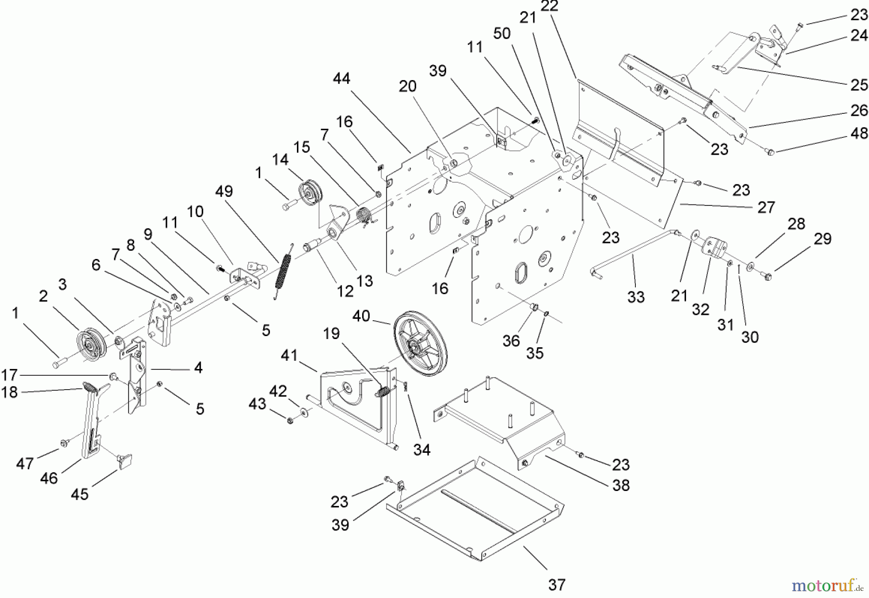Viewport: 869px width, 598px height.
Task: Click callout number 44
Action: [341, 78]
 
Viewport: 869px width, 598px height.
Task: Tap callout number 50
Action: [502, 34]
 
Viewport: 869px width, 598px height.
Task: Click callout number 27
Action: [766, 207]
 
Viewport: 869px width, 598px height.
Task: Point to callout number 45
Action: [80, 494]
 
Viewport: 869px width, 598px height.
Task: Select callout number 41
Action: [289, 356]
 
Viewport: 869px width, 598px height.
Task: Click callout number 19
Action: [331, 333]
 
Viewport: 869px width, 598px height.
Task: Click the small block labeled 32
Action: [714, 248]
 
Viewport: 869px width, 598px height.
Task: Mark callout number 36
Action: [511, 341]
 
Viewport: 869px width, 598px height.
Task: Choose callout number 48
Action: [859, 134]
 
